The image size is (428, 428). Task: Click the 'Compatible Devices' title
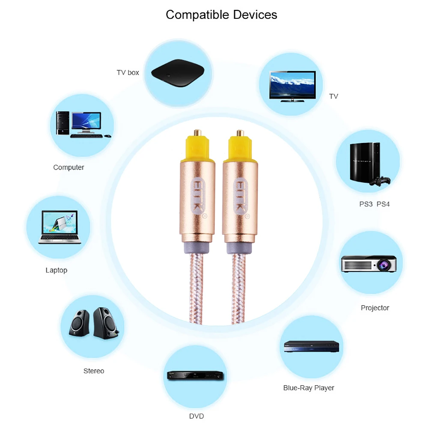point(221,15)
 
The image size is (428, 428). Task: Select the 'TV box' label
point(128,72)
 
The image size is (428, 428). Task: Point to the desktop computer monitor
point(86,122)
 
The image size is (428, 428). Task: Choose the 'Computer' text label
point(68,167)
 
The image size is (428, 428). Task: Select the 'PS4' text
point(383,204)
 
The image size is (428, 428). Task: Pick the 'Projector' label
point(375,308)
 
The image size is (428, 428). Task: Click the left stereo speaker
point(80,324)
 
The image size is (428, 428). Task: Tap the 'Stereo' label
point(94,371)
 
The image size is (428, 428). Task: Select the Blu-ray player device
point(311,346)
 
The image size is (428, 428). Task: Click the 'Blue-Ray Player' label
point(309,388)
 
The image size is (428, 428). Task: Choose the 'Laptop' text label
point(56,270)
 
